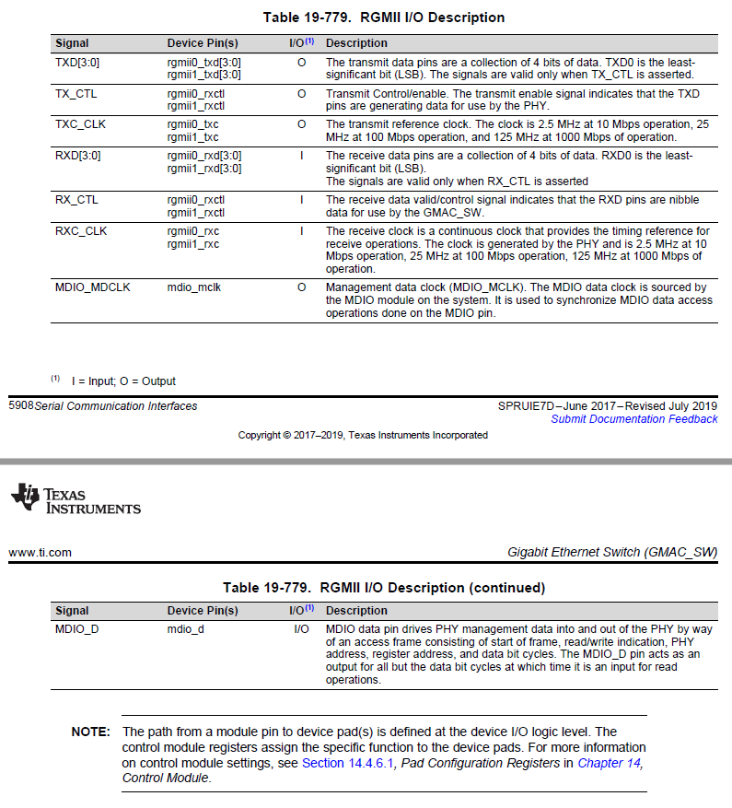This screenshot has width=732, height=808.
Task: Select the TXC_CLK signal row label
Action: (x=81, y=123)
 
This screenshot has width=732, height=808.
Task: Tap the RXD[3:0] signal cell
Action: (x=77, y=156)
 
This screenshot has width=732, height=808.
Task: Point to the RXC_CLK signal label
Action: (x=81, y=231)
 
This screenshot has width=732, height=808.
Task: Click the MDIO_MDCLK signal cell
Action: (x=93, y=287)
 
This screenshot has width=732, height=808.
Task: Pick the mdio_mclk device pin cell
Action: (x=194, y=287)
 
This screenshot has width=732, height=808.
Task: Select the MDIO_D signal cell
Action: (x=77, y=629)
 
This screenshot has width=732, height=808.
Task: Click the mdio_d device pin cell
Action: (x=186, y=629)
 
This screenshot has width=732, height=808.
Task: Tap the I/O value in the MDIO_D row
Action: (x=301, y=629)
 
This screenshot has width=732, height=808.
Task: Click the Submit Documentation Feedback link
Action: (x=633, y=419)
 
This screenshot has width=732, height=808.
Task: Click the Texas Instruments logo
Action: (x=76, y=499)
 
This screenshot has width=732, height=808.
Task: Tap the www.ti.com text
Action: (x=41, y=553)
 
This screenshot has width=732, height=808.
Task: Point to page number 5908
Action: (x=20, y=405)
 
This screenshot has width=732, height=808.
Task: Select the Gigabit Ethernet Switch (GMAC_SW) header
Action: (x=612, y=553)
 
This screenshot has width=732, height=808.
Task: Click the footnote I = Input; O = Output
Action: (x=123, y=381)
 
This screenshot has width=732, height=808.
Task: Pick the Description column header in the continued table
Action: (x=357, y=610)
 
